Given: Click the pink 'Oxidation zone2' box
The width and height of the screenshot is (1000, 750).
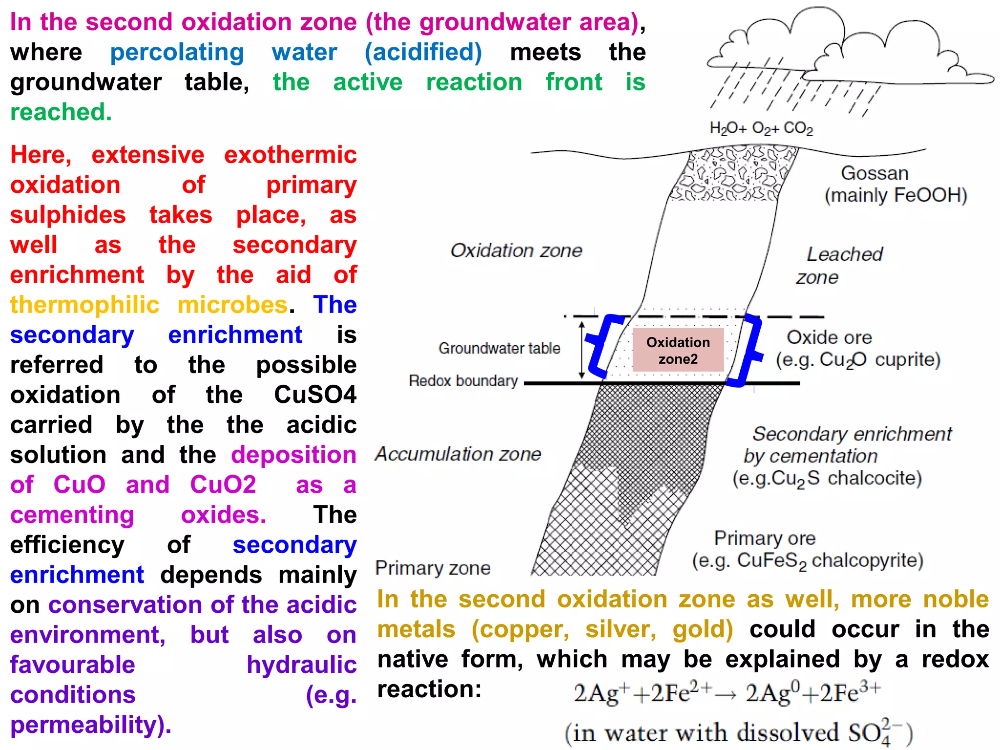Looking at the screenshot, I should [x=678, y=350].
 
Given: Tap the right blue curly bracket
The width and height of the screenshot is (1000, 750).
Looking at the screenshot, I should [x=749, y=350].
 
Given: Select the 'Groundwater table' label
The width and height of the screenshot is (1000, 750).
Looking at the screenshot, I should [x=499, y=348].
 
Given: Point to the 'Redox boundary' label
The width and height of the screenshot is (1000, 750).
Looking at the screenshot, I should [x=463, y=381].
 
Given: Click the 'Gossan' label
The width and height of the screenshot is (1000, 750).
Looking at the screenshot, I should [x=875, y=173].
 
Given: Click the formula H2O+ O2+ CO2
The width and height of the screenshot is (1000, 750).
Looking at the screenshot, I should [x=761, y=128].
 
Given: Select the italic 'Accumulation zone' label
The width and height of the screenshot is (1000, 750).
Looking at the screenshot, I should [x=458, y=454].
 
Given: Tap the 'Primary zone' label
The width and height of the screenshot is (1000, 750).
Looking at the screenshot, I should [x=433, y=568].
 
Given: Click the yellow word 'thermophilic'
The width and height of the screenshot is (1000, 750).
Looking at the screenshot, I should [x=85, y=305].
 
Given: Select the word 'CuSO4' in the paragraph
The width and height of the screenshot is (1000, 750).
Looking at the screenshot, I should [x=315, y=395].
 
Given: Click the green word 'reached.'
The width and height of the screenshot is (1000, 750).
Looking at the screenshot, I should [x=62, y=112].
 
